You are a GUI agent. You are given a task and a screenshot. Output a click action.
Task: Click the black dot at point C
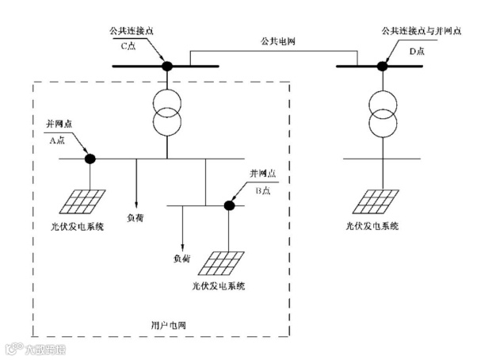pyautogui.click(x=167, y=66)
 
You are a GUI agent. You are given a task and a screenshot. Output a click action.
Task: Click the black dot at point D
pyautogui.click(x=380, y=66)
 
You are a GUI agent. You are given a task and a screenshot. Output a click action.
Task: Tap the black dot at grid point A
pyautogui.click(x=90, y=159)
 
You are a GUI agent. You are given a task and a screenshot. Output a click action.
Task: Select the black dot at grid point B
pyautogui.click(x=229, y=205)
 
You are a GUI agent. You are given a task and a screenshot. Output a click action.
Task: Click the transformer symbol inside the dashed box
pyautogui.click(x=167, y=114)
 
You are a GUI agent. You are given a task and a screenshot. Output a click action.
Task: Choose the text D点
pyautogui.click(x=418, y=51)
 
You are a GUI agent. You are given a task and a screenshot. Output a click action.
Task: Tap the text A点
pyautogui.click(x=59, y=140)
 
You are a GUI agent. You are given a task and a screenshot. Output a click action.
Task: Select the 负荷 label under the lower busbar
pyautogui.click(x=181, y=259)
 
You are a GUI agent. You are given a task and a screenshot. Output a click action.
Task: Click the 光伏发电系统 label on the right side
pyautogui.click(x=372, y=226)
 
